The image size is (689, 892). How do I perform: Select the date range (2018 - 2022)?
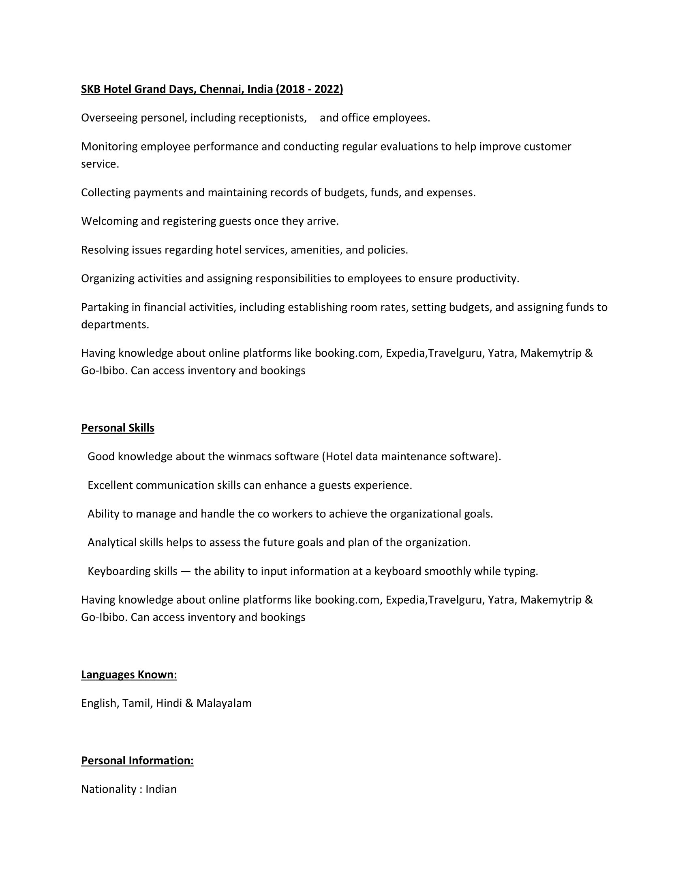[309, 89]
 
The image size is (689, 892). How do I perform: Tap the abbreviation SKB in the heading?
[91, 89]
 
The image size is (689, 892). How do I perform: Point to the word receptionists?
[272, 118]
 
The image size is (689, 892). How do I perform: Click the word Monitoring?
[109, 147]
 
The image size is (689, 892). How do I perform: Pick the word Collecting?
[106, 193]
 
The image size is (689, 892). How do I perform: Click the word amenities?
[317, 250]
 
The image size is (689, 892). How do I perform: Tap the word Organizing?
[108, 279]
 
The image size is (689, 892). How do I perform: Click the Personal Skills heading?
[118, 428]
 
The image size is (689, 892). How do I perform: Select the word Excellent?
[110, 485]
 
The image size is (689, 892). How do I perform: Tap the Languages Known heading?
[129, 675]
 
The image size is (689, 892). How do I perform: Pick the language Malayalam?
[224, 703]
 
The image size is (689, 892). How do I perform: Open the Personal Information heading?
[137, 761]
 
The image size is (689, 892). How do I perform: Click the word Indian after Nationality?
[161, 789]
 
